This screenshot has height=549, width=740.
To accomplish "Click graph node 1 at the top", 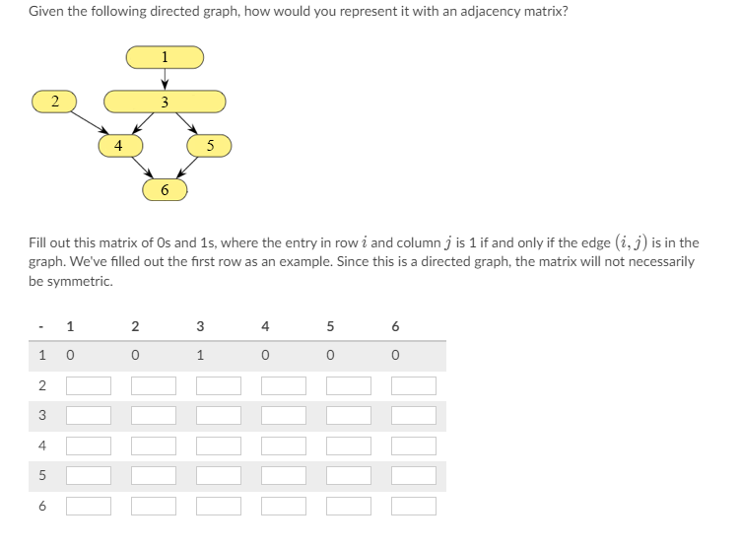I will coord(165,57).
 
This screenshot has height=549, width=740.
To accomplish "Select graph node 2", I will coord(56,101).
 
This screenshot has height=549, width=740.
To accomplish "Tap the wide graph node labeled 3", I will coord(165,102).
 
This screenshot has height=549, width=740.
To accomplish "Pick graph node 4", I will coord(119,145).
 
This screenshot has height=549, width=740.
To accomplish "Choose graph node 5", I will coord(210,145).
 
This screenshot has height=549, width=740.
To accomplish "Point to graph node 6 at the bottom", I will coord(165,188).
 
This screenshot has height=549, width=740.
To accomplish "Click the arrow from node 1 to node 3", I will coord(165,79).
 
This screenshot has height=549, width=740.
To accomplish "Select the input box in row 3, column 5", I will coord(348,416).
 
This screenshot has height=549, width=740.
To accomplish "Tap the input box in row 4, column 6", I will coord(413,446).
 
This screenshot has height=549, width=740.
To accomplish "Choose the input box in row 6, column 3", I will coord(218,507).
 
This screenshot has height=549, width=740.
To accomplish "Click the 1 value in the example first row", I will coord(200,356).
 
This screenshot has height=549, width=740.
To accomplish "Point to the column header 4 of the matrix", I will coord(265,325).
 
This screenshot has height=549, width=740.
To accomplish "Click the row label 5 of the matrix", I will coord(41,476).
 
